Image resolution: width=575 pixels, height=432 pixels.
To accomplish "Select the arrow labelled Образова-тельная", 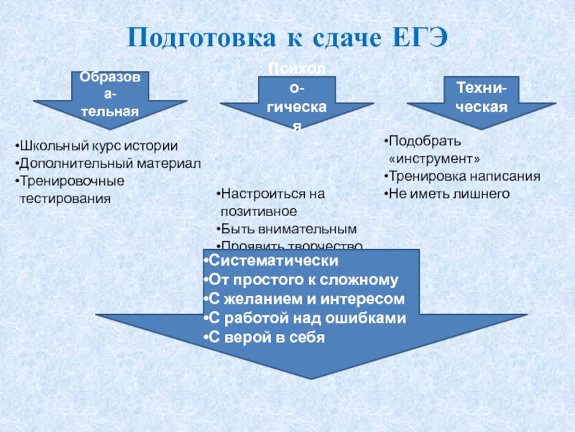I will tap(109, 95).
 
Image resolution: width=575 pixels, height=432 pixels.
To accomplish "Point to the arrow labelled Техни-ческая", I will tap(481, 97).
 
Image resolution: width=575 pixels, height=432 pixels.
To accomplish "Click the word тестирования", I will tap(65, 197).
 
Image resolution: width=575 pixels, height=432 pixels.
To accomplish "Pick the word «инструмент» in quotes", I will tap(434, 158).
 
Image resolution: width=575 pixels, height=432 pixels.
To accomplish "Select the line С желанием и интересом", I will tap(304, 299).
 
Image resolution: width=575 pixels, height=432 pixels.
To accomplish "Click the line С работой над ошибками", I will tap(305, 318).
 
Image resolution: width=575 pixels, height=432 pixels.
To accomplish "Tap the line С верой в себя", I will tap(264, 336).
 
